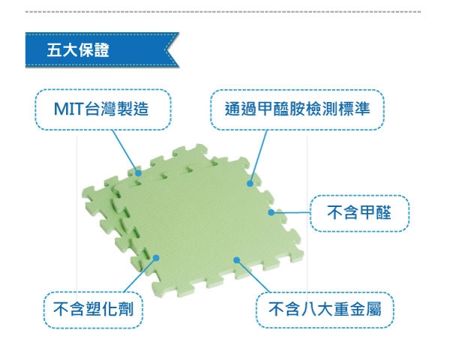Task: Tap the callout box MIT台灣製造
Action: (x=103, y=109)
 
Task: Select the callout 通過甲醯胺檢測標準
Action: (x=297, y=109)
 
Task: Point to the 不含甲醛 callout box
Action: (x=359, y=213)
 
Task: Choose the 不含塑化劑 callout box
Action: (x=93, y=310)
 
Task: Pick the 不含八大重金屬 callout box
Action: (x=325, y=310)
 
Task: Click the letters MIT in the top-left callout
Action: (x=68, y=109)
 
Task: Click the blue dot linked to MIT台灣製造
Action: (x=138, y=173)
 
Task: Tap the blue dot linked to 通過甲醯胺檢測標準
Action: (x=250, y=184)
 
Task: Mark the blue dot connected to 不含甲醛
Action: (x=271, y=212)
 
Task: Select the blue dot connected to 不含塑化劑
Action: (x=156, y=258)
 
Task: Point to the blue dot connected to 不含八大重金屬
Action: (x=237, y=260)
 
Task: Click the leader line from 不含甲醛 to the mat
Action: (x=291, y=213)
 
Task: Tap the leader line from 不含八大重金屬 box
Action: (x=253, y=276)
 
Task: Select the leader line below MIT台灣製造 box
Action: (x=125, y=151)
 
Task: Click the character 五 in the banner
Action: (x=54, y=50)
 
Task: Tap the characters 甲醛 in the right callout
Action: (x=376, y=213)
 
